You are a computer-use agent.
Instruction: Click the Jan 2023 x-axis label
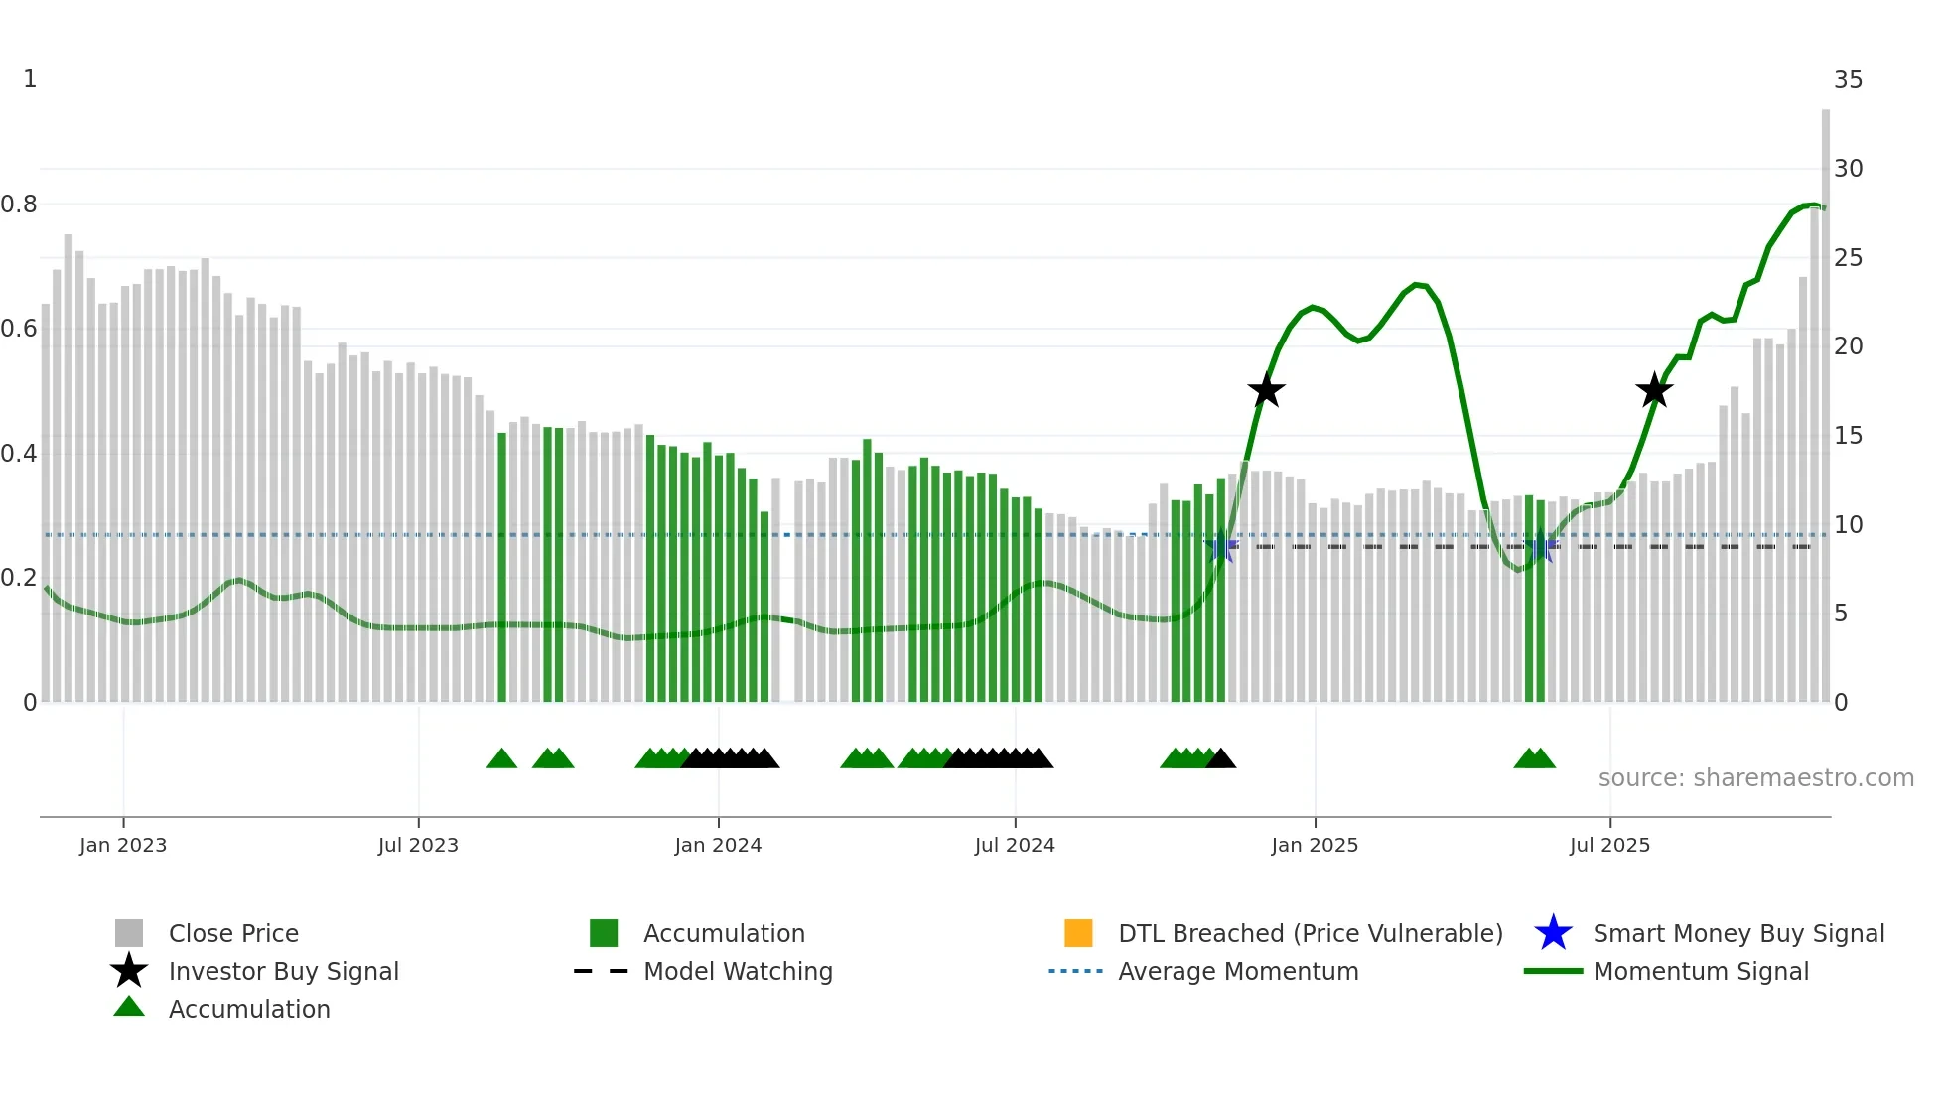[123, 845]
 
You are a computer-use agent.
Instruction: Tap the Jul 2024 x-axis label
[1015, 845]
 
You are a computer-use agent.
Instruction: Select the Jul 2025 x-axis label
[1609, 845]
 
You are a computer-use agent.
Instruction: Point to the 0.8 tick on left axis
[19, 205]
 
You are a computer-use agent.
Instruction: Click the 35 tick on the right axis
[1848, 80]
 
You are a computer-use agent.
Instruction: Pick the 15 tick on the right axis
[1848, 436]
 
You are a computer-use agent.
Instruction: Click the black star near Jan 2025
[1266, 390]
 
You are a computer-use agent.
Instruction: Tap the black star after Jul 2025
[1654, 390]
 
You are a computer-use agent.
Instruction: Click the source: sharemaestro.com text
[1755, 778]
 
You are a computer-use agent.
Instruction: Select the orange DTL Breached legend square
[1078, 933]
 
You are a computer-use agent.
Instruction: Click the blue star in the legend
[1553, 933]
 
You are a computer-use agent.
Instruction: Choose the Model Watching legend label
[738, 971]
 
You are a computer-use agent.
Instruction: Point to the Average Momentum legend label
[1238, 971]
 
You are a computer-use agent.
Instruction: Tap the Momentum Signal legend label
[1701, 971]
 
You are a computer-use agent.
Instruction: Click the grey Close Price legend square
[129, 933]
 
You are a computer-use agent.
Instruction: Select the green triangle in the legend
[129, 1007]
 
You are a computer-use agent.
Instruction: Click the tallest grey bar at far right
[1825, 397]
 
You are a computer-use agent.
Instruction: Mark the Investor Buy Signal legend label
[284, 971]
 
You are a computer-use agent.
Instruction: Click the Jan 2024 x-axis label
[718, 845]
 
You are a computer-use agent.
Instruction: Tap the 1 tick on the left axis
[30, 79]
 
